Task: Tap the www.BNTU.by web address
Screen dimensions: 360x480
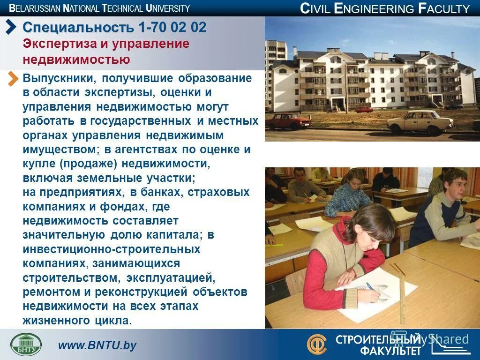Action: click(x=97, y=345)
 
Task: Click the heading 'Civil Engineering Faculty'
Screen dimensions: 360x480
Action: click(x=384, y=8)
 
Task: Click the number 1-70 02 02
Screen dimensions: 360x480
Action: click(x=172, y=27)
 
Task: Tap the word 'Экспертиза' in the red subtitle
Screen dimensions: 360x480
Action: click(x=56, y=44)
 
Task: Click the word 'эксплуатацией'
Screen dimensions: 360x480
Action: click(x=171, y=277)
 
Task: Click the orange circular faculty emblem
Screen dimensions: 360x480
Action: click(x=317, y=344)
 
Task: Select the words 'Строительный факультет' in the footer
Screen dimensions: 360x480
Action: click(x=377, y=345)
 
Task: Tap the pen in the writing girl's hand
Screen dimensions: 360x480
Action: click(x=370, y=285)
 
